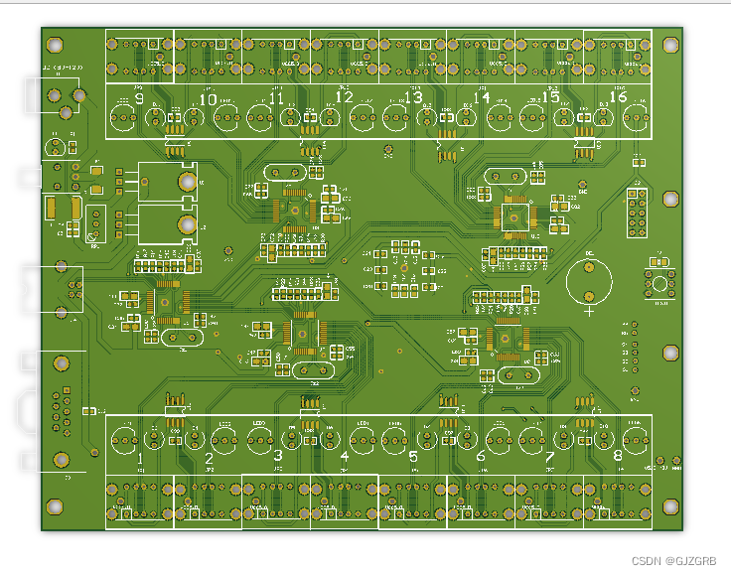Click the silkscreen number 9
pyautogui.click(x=139, y=98)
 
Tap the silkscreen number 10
pyautogui.click(x=208, y=98)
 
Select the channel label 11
pyautogui.click(x=276, y=98)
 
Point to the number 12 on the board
pyautogui.click(x=344, y=97)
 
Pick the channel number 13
pyautogui.click(x=412, y=97)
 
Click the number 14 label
pyautogui.click(x=481, y=97)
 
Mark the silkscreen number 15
pyautogui.click(x=549, y=97)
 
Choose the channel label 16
pyautogui.click(x=618, y=97)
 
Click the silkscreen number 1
pyautogui.click(x=140, y=459)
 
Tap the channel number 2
pyautogui.click(x=209, y=459)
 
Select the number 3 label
pyautogui.click(x=277, y=459)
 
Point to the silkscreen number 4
pyautogui.click(x=345, y=459)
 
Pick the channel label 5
pyautogui.click(x=413, y=459)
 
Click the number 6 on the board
pyautogui.click(x=481, y=459)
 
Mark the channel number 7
pyautogui.click(x=549, y=459)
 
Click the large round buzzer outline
pyautogui.click(x=590, y=280)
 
